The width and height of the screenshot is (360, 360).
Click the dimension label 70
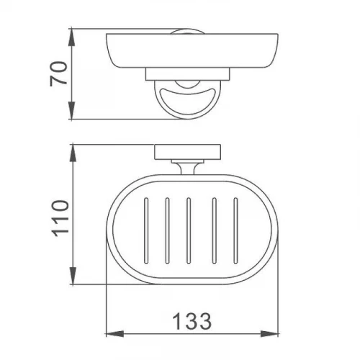tap(58, 74)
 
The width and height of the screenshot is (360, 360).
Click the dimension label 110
tap(60, 219)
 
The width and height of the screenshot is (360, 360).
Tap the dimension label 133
tap(192, 321)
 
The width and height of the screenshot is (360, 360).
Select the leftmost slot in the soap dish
tap(146, 230)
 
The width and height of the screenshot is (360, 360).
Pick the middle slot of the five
tap(189, 230)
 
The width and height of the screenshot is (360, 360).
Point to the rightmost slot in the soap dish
tap(235, 230)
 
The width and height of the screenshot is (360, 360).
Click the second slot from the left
tap(167, 230)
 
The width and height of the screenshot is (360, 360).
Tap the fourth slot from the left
tap(215, 230)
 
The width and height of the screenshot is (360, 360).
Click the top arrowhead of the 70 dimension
tap(72, 37)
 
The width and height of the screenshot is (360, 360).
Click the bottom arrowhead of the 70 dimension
tap(72, 110)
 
